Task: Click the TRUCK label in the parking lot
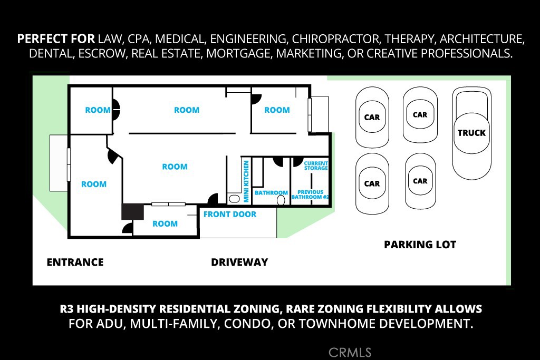point(471,133)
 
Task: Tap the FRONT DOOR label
point(230,215)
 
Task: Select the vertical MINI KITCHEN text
point(246,181)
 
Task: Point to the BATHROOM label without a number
point(271,193)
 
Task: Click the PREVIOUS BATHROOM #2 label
point(311,194)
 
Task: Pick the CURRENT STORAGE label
point(316,166)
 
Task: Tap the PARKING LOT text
point(420,245)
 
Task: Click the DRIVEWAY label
point(239,262)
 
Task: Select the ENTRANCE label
point(75,262)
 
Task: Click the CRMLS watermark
point(350,352)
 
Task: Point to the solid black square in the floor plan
point(132,211)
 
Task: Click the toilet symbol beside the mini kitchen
point(234,199)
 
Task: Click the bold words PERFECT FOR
point(56,40)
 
